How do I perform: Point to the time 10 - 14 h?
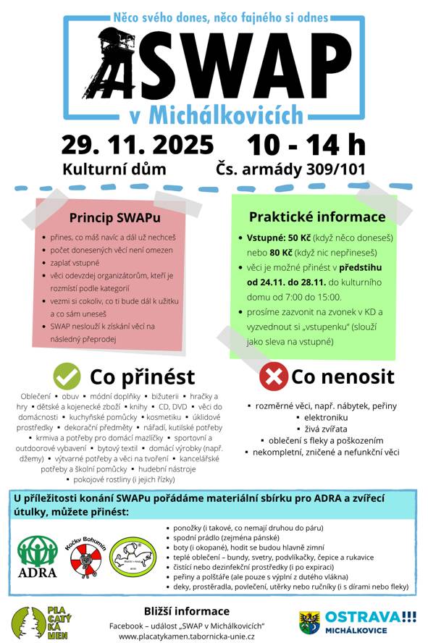306,144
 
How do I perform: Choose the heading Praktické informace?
316,217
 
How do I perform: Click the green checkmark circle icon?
67,377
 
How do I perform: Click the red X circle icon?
273,377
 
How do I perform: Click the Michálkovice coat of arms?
309,621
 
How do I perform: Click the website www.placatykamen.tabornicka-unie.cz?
187,635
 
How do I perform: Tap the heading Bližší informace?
187,610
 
